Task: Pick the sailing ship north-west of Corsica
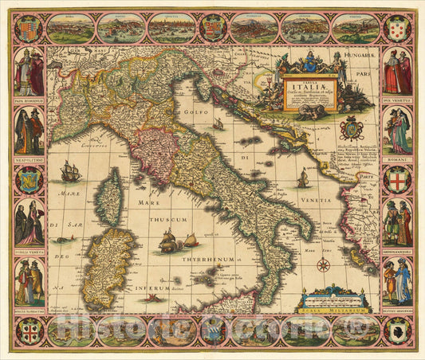click(x=70, y=171)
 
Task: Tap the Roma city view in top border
click(x=69, y=29)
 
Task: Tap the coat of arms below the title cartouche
click(x=352, y=128)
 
